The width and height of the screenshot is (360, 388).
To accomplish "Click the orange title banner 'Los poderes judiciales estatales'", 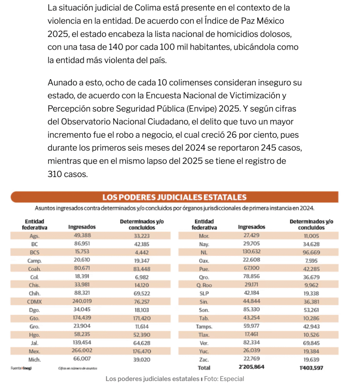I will [174, 197].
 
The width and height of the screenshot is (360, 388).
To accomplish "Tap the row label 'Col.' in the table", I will [34, 277].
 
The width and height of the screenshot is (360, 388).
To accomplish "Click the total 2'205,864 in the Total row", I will [251, 367].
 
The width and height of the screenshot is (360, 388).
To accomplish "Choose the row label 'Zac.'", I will [204, 359].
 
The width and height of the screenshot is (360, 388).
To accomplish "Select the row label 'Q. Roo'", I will [204, 285].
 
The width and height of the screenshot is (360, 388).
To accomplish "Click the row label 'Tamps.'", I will [204, 326].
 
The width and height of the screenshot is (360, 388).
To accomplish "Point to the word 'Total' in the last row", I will [204, 367].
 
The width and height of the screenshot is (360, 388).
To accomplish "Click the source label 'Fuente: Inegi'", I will [21, 368].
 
